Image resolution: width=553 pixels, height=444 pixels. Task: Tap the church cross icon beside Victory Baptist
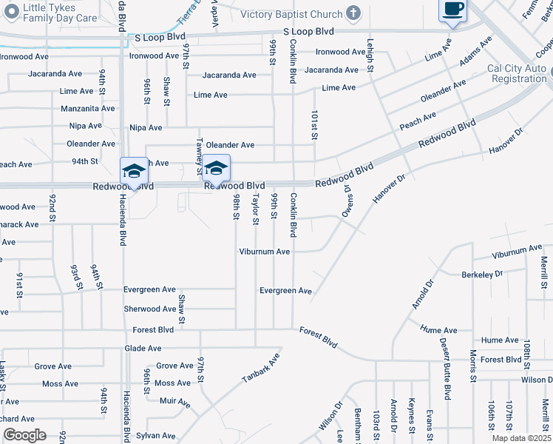(x=353, y=13)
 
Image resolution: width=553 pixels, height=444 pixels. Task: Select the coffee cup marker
(x=452, y=10)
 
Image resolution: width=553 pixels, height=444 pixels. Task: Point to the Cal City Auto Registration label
(x=517, y=73)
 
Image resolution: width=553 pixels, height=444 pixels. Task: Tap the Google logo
(x=24, y=435)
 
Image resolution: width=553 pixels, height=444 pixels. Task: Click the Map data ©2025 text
(x=520, y=438)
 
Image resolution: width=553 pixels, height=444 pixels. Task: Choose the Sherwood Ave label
(x=150, y=309)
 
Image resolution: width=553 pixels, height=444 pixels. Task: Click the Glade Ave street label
(x=143, y=348)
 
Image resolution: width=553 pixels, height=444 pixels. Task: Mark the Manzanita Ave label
(x=88, y=108)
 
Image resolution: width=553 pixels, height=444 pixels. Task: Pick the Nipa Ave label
(x=146, y=127)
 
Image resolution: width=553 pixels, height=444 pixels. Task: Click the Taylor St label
(x=256, y=209)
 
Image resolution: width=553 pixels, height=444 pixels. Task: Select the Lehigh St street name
(x=370, y=55)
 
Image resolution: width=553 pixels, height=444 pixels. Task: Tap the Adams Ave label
(x=475, y=51)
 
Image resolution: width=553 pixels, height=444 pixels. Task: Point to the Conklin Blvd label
(x=294, y=215)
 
